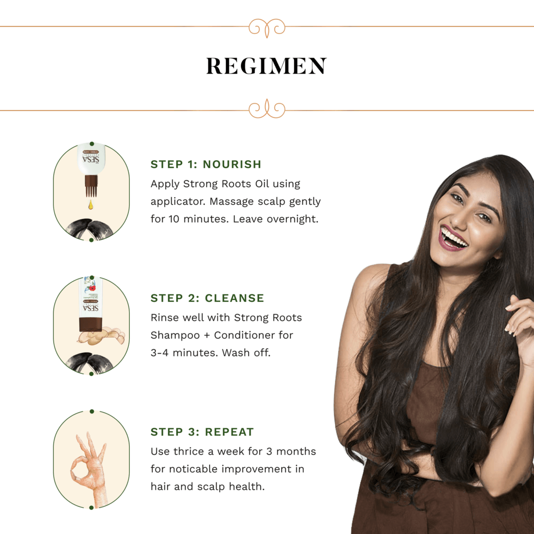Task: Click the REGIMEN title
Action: (266, 66)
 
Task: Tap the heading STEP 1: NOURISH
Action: (205, 164)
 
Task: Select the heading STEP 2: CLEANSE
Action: (207, 298)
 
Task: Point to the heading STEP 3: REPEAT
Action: (202, 432)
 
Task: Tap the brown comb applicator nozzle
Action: (91, 186)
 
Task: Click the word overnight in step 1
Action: (292, 219)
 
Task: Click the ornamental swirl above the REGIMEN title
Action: (266, 27)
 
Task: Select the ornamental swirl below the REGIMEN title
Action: (266, 109)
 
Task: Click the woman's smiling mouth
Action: (453, 239)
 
